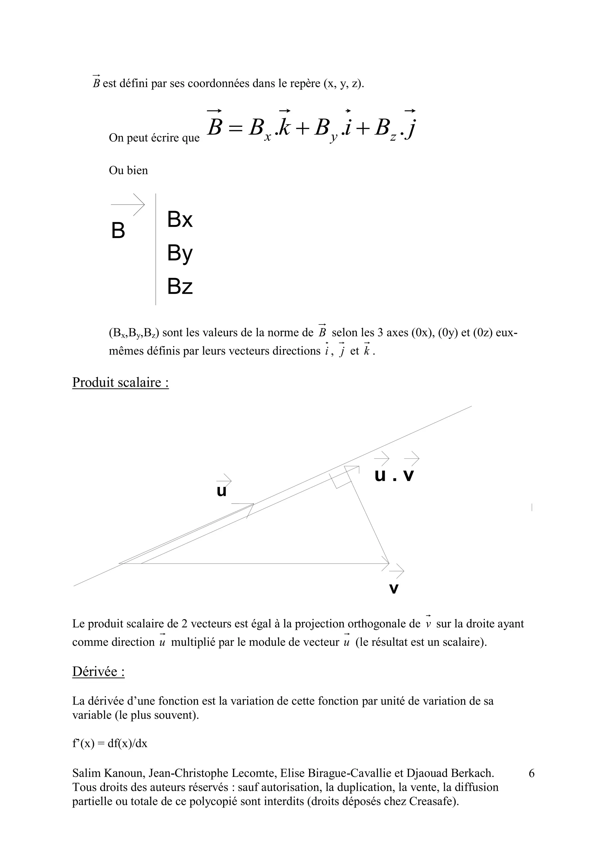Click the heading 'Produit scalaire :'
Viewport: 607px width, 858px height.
click(x=120, y=383)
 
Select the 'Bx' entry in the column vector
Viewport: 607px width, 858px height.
click(x=180, y=219)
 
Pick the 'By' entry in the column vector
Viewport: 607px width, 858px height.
click(x=180, y=253)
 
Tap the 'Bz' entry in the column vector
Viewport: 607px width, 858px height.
click(x=180, y=287)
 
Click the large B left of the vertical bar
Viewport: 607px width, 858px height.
click(x=118, y=231)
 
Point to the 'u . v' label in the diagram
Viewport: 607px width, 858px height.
click(x=394, y=475)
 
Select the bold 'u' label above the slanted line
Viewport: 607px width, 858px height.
click(x=222, y=491)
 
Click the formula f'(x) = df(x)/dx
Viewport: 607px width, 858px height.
click(x=110, y=743)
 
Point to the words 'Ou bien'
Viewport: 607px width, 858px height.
click(x=128, y=170)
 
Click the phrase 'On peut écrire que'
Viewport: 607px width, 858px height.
click(x=154, y=138)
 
